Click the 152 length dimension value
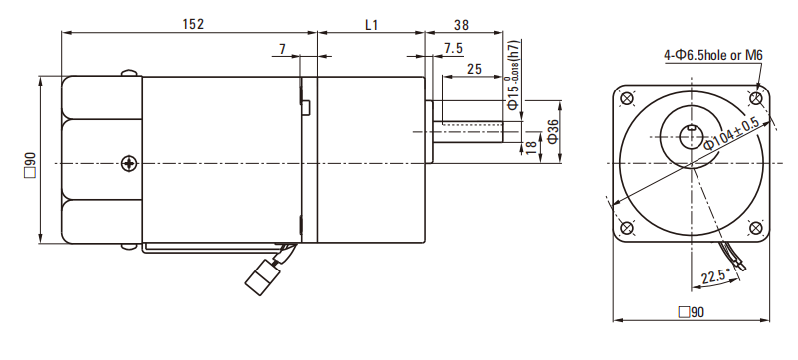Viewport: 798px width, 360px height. pyautogui.click(x=193, y=24)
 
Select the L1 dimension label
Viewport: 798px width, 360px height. pyautogui.click(x=372, y=25)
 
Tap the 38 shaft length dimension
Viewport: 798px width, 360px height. pyautogui.click(x=461, y=25)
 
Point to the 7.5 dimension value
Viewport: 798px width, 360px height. pyautogui.click(x=453, y=49)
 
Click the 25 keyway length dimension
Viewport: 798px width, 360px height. pyautogui.click(x=474, y=69)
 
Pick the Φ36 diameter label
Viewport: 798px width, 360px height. pyautogui.click(x=552, y=130)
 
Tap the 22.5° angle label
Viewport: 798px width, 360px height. pyautogui.click(x=715, y=277)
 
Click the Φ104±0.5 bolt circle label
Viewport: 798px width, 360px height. pyautogui.click(x=732, y=134)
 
